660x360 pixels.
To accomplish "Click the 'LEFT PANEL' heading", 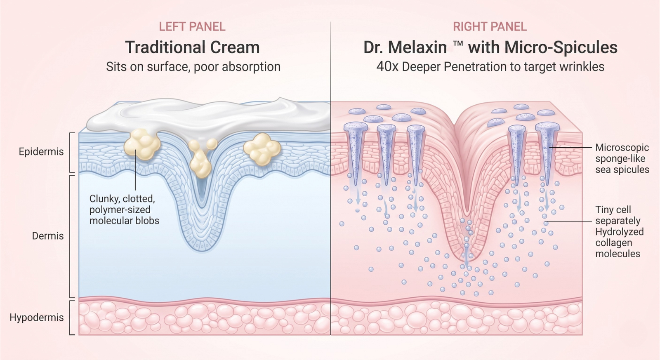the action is (192, 26).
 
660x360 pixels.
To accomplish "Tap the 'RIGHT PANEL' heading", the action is (490, 26).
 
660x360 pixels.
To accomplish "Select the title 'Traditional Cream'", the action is (192, 47).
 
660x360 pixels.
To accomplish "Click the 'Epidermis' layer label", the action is (41, 152).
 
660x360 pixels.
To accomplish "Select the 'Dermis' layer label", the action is (48, 236).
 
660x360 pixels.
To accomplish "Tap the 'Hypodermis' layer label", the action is (37, 318).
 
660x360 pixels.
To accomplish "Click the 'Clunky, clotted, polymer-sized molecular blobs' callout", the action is (124, 210).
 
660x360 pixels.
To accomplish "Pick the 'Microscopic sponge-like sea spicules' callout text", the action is (622, 158).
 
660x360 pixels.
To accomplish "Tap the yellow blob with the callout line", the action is (142, 145).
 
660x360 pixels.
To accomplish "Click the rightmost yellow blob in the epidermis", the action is (262, 149).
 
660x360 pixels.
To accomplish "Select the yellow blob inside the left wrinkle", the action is (200, 161).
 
